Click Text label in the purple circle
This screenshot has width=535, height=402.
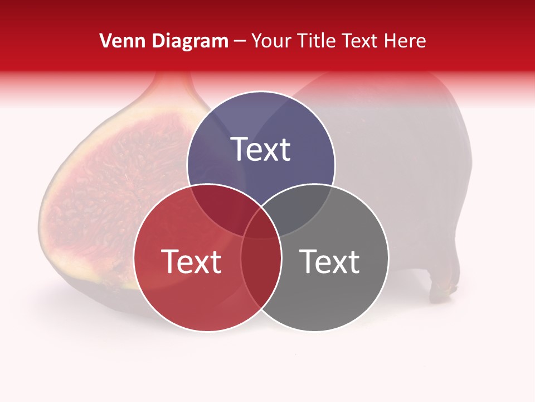[261, 150]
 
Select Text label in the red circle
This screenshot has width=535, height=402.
[191, 261]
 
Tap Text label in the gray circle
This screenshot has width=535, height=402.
[330, 261]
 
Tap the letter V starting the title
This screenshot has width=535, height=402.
[105, 41]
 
